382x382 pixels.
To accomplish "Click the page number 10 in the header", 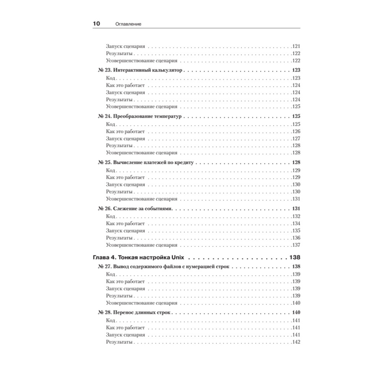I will pos(96,24).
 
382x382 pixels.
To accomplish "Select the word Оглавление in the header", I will pos(128,24).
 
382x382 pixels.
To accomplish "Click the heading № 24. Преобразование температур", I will pos(141,117).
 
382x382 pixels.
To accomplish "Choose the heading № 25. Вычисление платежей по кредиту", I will pos(147,162).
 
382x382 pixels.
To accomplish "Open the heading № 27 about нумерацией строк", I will pos(164,267).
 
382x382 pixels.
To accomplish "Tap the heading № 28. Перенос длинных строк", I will pos(135,312).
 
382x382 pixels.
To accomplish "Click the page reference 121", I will pos(296,46).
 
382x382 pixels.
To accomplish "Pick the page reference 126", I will pos(296,131).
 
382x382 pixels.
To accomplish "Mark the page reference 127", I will pos(296,139).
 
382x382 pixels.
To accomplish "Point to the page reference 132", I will pos(296,217).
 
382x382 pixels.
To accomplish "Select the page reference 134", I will pos(296,223).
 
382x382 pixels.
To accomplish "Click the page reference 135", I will pos(296,231).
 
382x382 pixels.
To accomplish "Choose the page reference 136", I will pos(296,238).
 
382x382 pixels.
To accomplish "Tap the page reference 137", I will pos(296,245).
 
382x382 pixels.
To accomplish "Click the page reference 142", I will pos(296,342).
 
